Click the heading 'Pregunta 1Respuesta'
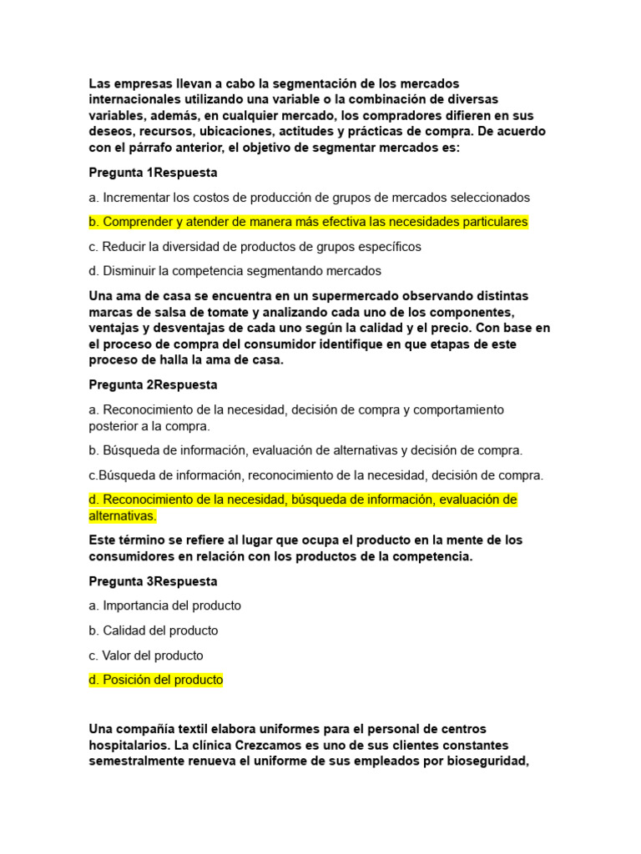click(153, 173)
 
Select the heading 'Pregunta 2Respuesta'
click(153, 385)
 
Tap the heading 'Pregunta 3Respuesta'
click(153, 581)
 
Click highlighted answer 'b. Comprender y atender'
click(308, 223)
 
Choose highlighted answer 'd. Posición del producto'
click(156, 680)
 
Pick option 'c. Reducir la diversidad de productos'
click(255, 247)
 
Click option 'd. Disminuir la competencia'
click(235, 271)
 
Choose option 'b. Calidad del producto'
click(154, 630)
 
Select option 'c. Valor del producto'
click(146, 656)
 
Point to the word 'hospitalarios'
click(129, 745)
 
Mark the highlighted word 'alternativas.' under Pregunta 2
click(122, 516)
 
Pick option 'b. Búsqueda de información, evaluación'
click(305, 450)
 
